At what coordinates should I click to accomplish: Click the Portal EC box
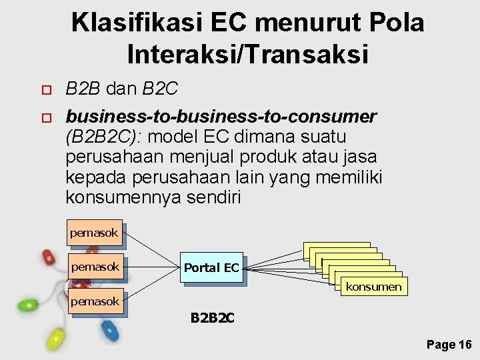pyautogui.click(x=211, y=268)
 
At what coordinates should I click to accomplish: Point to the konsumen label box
pyautogui.click(x=373, y=287)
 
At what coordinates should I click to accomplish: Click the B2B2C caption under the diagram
pyautogui.click(x=212, y=318)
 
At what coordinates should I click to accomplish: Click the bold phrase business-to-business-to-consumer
pyautogui.click(x=221, y=117)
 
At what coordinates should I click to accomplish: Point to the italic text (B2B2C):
pyautogui.click(x=107, y=137)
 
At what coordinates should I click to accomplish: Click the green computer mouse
pyautogui.click(x=27, y=306)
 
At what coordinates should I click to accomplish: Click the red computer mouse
pyautogui.click(x=49, y=257)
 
